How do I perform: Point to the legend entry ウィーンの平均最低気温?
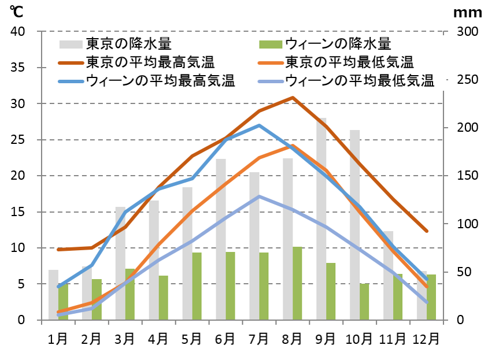(359, 80)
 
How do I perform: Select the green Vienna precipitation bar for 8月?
(297, 283)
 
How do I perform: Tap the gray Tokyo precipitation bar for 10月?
(354, 225)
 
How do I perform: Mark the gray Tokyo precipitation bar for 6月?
(221, 239)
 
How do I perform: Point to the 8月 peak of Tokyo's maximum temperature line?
(293, 98)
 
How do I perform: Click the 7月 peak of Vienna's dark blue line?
(259, 125)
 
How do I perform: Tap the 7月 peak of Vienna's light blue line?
(259, 196)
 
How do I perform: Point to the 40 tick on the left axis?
(17, 32)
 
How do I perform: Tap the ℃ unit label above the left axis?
(16, 11)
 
